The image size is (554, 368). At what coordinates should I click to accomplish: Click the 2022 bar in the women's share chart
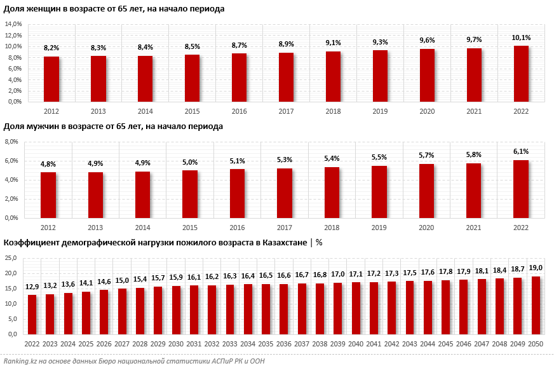pyautogui.click(x=521, y=74)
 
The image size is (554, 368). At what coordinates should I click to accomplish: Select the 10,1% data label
pyautogui.click(x=521, y=38)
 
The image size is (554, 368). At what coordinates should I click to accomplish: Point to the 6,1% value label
pyautogui.click(x=521, y=152)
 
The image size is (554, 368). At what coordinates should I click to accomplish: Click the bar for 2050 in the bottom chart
pyautogui.click(x=536, y=305)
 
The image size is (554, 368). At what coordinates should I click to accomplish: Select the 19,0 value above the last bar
pyautogui.click(x=536, y=269)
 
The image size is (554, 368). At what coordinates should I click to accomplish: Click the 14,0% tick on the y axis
pyautogui.click(x=13, y=24)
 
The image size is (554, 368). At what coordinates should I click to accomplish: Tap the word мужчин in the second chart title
pyautogui.click(x=41, y=126)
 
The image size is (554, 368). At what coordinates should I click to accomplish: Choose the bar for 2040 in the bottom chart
pyautogui.click(x=356, y=308)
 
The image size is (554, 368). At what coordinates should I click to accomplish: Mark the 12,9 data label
pyautogui.click(x=32, y=287)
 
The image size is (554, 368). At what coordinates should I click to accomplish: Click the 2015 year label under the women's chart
pyautogui.click(x=193, y=110)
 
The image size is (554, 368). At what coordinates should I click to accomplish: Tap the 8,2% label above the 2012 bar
pyautogui.click(x=51, y=48)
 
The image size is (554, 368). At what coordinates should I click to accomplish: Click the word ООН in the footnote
pyautogui.click(x=256, y=361)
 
